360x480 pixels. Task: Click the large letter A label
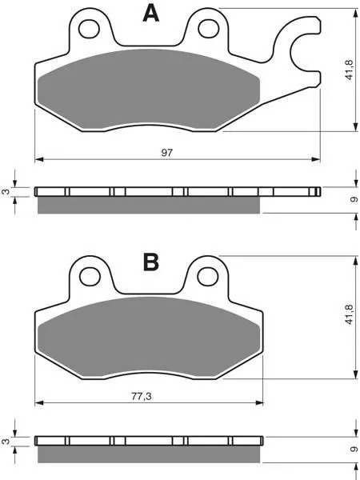[151, 14]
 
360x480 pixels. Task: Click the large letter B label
[151, 262]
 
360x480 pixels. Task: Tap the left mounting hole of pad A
[89, 29]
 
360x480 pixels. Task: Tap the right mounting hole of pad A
[209, 29]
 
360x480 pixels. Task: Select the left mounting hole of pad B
[90, 277]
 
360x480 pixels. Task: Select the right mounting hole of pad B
[208, 277]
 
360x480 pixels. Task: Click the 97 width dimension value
[167, 153]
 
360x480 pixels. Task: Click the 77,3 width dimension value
[142, 397]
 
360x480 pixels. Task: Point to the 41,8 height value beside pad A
[350, 70]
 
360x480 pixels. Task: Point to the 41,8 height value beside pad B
[350, 314]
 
